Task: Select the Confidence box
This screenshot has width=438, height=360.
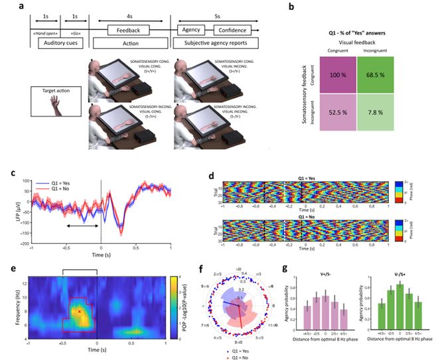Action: [x=232, y=30]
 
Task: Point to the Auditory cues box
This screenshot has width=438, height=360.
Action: [x=62, y=44]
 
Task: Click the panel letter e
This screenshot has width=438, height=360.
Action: [x=13, y=269]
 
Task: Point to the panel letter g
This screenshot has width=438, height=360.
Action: [x=285, y=269]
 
